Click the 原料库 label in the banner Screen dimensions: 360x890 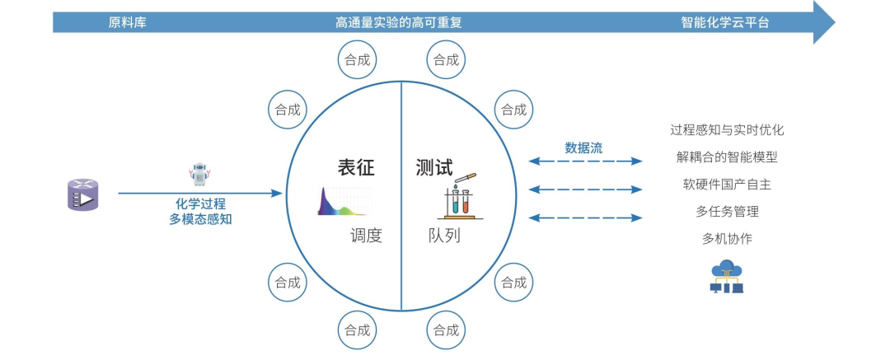pyautogui.click(x=127, y=22)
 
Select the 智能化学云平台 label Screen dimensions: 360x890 pyautogui.click(x=726, y=22)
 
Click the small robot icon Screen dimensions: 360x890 pyautogui.click(x=199, y=174)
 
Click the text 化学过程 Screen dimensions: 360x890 pyautogui.click(x=200, y=203)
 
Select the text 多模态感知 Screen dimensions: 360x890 pyautogui.click(x=200, y=219)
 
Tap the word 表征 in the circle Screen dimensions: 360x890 pyautogui.click(x=355, y=168)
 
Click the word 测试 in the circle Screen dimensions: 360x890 pyautogui.click(x=434, y=168)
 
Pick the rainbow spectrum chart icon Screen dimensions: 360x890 pyautogui.click(x=344, y=202)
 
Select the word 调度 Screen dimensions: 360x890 pyautogui.click(x=366, y=236)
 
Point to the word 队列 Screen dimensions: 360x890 pyautogui.click(x=444, y=236)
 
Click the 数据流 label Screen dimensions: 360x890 pyautogui.click(x=583, y=148)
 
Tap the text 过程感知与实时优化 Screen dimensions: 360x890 pyautogui.click(x=727, y=130)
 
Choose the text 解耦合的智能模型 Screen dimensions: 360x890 pyautogui.click(x=727, y=157)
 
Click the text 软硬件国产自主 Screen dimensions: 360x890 pyautogui.click(x=727, y=185)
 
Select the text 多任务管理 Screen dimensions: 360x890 pyautogui.click(x=727, y=212)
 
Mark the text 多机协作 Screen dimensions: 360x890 pyautogui.click(x=727, y=239)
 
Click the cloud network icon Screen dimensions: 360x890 pyautogui.click(x=727, y=276)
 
